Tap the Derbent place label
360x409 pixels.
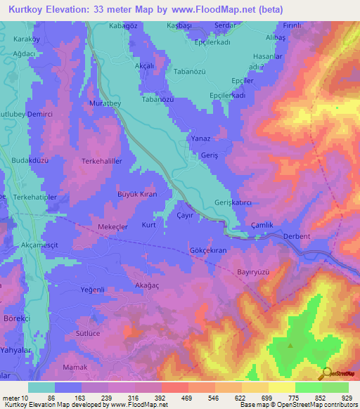click(296, 237)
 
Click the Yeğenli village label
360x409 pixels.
click(92, 290)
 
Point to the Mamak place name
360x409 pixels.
click(75, 368)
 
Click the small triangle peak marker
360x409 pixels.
click(291, 345)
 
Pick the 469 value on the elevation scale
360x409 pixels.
click(174, 397)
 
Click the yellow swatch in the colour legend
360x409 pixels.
click(282, 387)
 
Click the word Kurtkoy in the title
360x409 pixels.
click(27, 9)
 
